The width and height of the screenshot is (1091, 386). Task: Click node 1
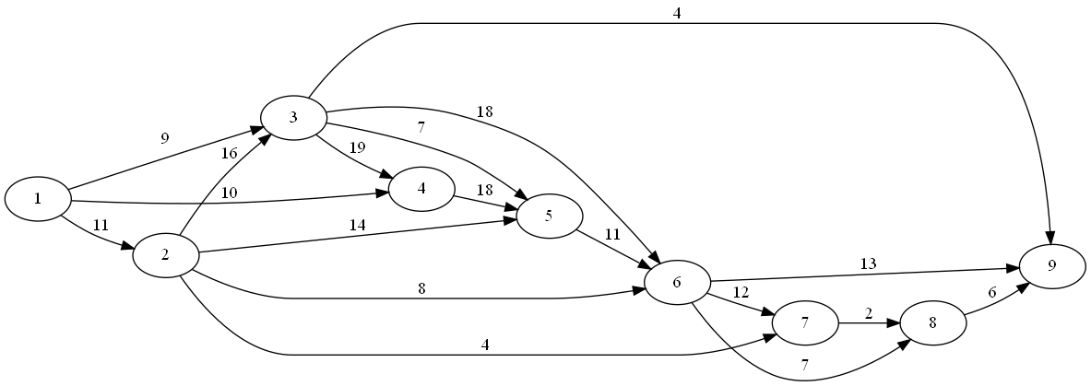tap(38, 199)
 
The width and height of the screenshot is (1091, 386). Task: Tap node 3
tap(293, 117)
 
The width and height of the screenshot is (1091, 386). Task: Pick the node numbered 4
tap(421, 188)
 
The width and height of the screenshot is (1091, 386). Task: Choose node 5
tap(550, 217)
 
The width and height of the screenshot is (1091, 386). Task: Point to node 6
tap(677, 282)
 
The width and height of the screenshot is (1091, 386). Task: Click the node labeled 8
tap(932, 324)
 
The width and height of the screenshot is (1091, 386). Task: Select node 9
tap(1052, 267)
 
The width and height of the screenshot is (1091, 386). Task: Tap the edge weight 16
tap(229, 153)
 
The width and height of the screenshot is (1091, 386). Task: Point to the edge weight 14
tap(358, 224)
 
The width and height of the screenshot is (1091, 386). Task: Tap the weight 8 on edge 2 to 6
tap(421, 288)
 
